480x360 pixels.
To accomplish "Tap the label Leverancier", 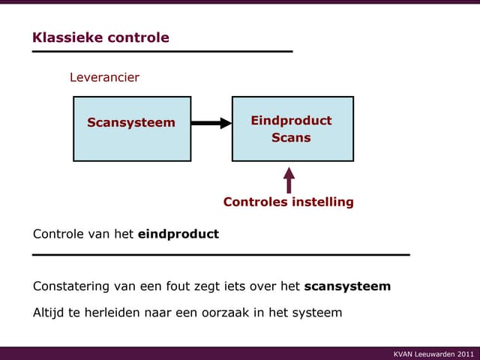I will (104, 77).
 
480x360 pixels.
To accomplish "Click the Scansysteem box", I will (131, 128).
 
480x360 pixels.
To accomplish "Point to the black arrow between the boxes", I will (211, 123).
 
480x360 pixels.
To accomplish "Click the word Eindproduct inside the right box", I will (291, 121).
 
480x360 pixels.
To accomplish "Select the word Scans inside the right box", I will (291, 138).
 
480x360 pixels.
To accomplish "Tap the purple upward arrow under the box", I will (289, 180).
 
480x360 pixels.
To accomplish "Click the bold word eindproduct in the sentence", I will (178, 234).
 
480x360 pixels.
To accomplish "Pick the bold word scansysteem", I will (347, 286).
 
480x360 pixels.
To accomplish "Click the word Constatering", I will (71, 286).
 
